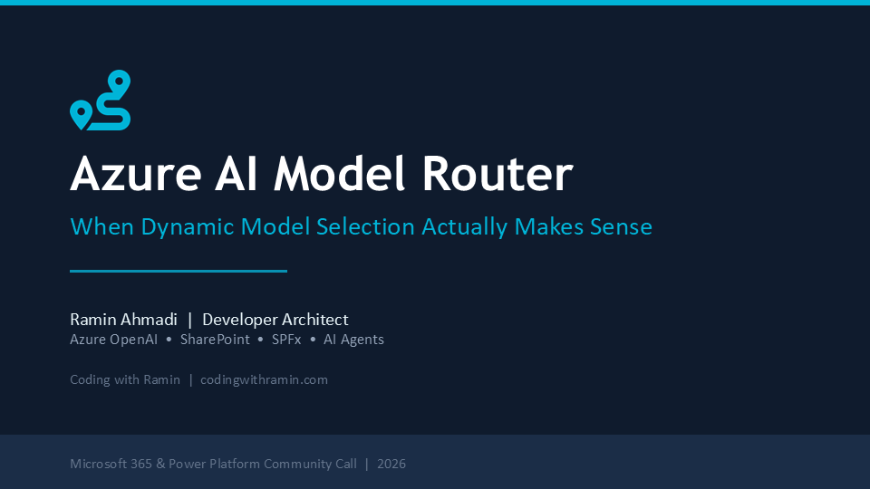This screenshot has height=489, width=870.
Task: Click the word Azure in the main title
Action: [136, 174]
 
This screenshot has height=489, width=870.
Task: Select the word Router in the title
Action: [498, 174]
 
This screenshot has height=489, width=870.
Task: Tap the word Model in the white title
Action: [339, 174]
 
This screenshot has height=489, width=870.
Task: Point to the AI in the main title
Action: [237, 174]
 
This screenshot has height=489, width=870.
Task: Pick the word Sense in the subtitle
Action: [621, 226]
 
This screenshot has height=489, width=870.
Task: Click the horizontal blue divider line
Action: [179, 271]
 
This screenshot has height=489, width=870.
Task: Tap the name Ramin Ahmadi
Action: [124, 320]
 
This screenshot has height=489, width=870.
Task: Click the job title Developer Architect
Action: [275, 320]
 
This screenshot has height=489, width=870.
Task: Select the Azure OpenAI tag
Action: [114, 340]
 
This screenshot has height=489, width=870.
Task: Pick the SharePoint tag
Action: [215, 340]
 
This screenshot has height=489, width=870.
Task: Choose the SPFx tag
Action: [286, 340]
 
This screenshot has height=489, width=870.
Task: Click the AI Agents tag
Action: [354, 340]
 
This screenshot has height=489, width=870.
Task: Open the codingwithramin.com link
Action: [264, 379]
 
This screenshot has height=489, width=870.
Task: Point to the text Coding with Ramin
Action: [125, 379]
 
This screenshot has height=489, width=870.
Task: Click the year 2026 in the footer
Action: [391, 464]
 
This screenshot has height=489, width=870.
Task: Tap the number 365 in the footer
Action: [141, 464]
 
